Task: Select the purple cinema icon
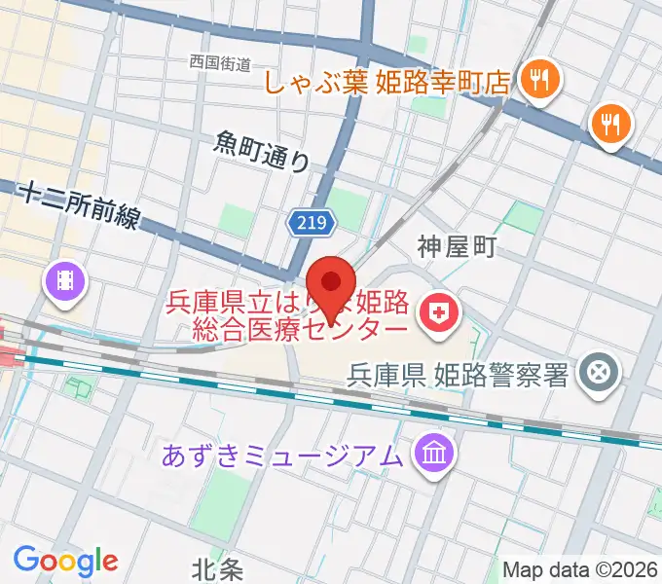pos(66,282)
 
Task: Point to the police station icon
pos(596,372)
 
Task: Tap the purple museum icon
pos(429,453)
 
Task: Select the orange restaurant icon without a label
pos(611,124)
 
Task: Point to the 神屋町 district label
pos(458,246)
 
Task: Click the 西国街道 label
pos(220,63)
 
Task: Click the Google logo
pos(65,560)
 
